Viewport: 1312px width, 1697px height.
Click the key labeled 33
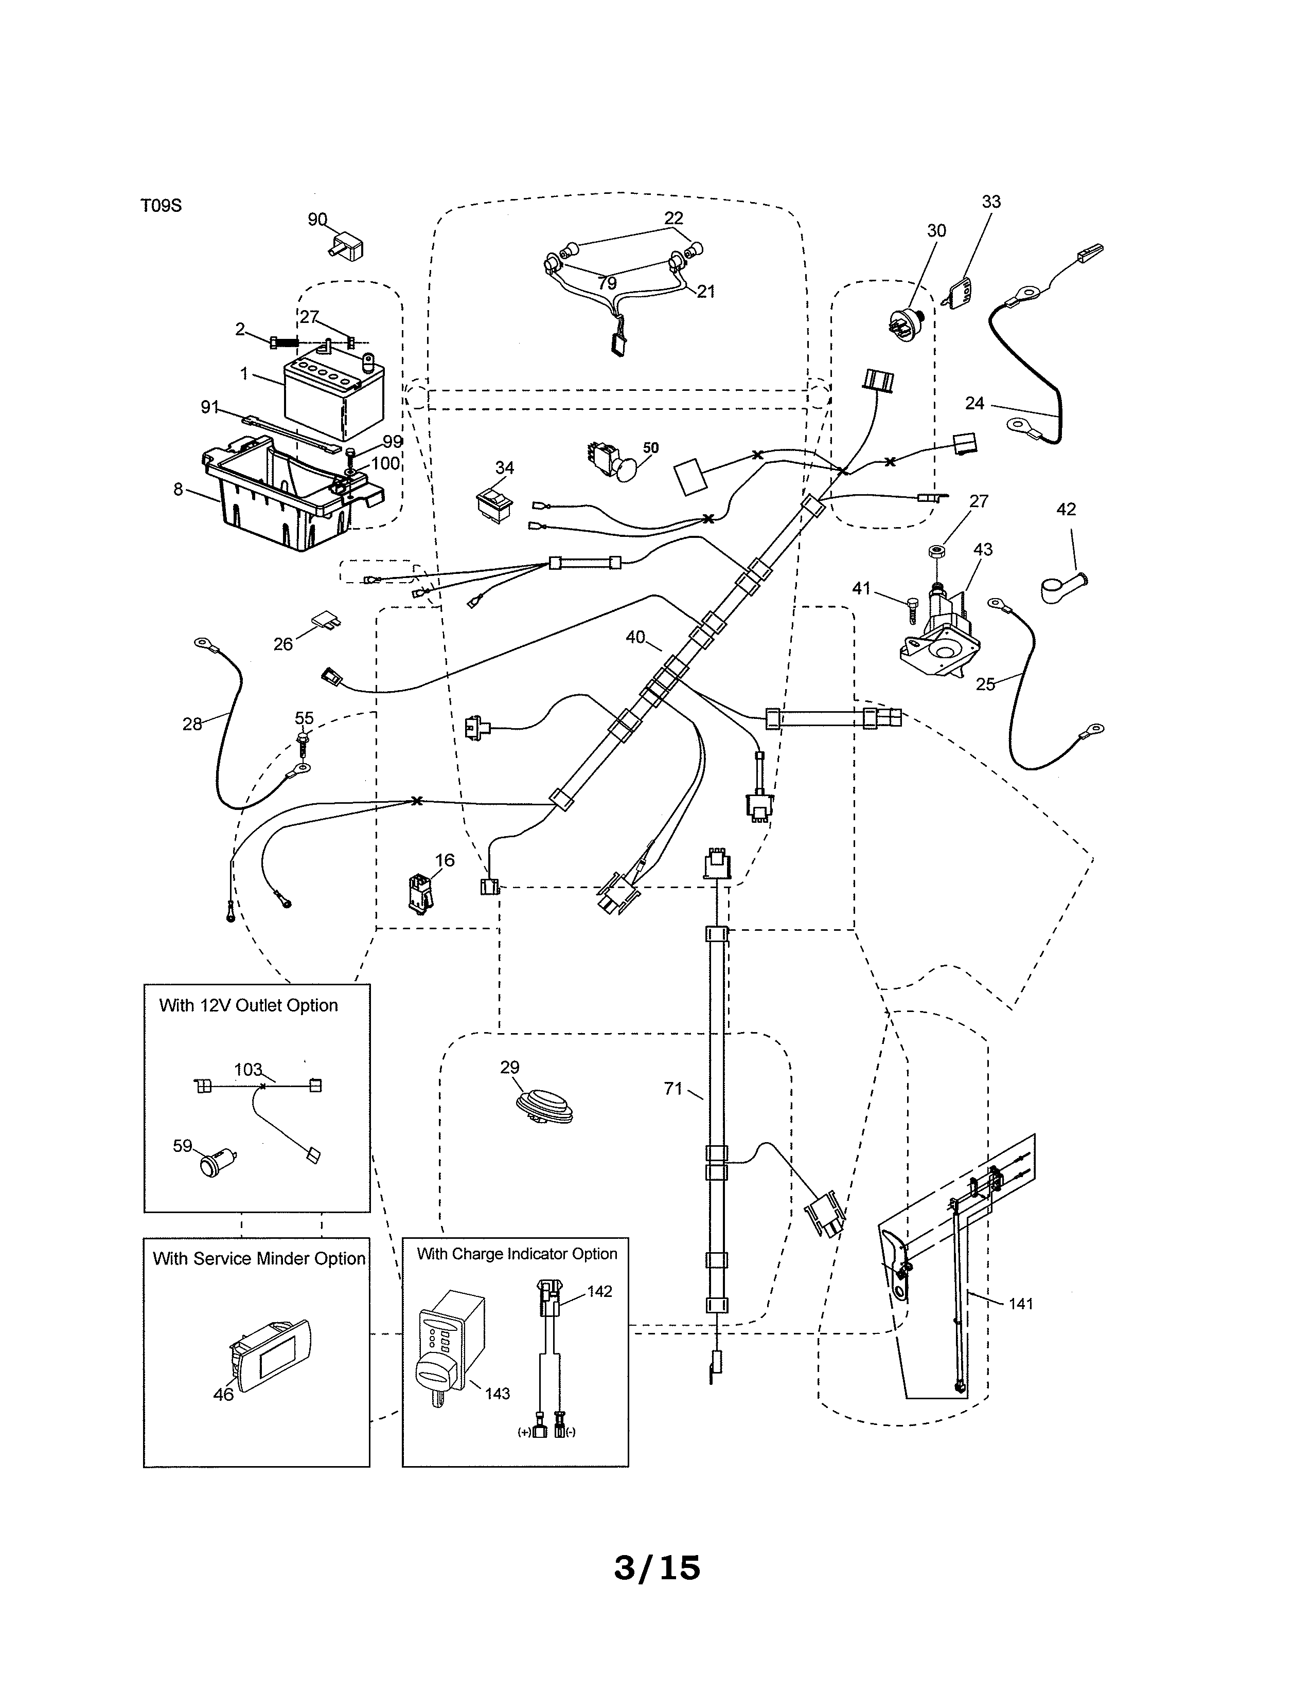(x=959, y=293)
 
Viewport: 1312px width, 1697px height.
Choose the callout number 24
(x=974, y=403)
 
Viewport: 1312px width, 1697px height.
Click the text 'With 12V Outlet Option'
(x=249, y=1005)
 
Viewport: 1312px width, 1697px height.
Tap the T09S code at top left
(x=161, y=206)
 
